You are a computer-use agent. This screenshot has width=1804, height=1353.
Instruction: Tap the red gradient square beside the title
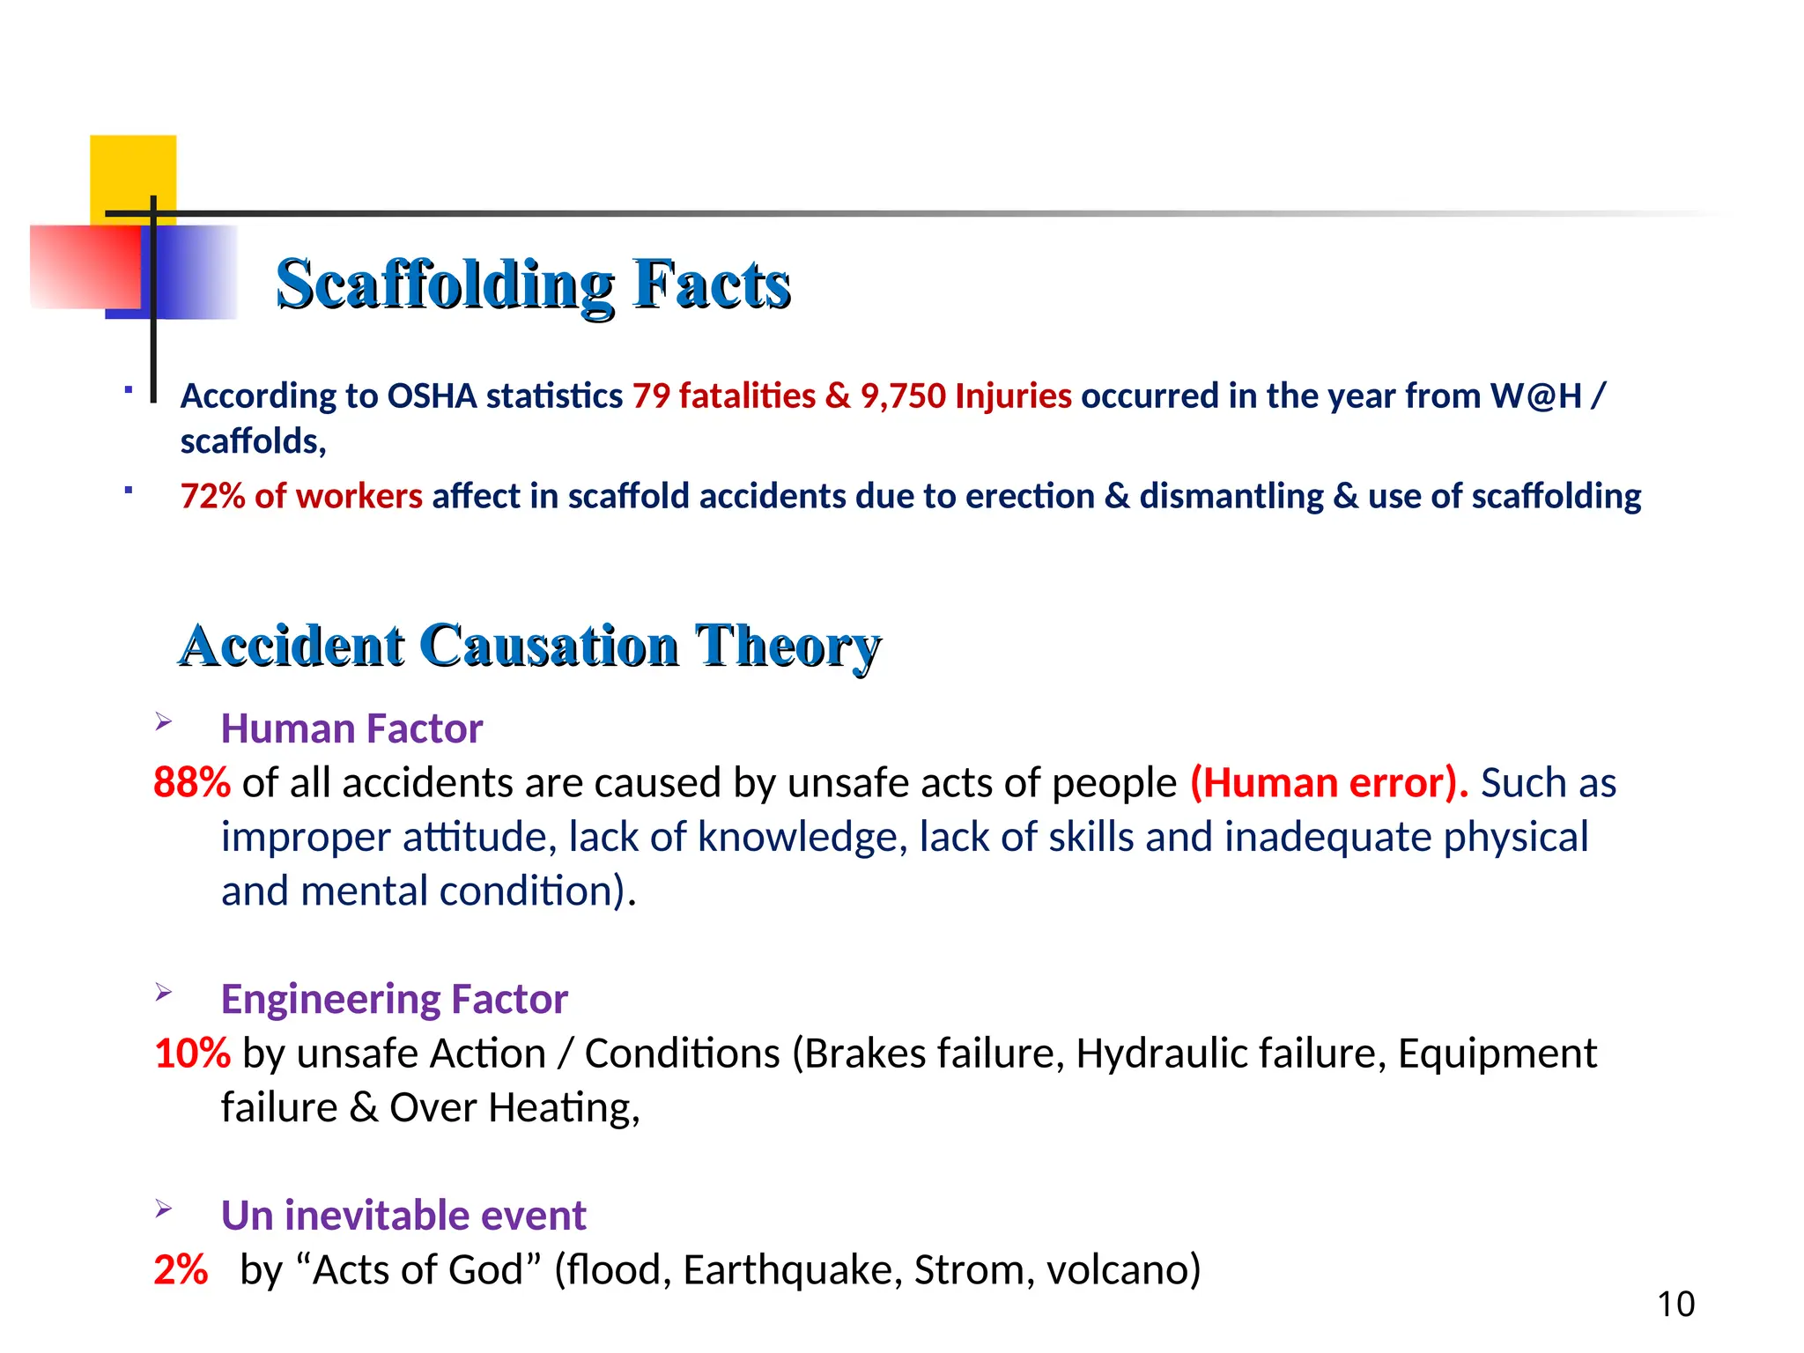84,266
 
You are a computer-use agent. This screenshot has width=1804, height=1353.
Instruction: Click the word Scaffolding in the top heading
445,285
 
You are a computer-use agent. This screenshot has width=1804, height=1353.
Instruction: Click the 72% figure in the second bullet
212,497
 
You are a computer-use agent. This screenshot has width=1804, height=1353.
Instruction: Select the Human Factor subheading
351,729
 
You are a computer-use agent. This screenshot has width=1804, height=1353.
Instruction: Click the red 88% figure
192,783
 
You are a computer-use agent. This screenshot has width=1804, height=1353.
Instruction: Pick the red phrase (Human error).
1328,783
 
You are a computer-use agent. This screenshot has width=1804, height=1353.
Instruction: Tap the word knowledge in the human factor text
802,838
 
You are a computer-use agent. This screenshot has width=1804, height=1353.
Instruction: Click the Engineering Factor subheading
394,1000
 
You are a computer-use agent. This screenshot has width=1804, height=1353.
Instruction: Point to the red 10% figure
192,1054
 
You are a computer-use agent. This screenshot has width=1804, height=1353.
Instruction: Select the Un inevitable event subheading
403,1216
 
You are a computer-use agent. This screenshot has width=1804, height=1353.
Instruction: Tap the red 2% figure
181,1270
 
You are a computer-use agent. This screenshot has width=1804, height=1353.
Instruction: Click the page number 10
1675,1305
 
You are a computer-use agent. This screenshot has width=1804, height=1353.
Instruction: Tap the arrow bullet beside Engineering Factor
164,993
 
